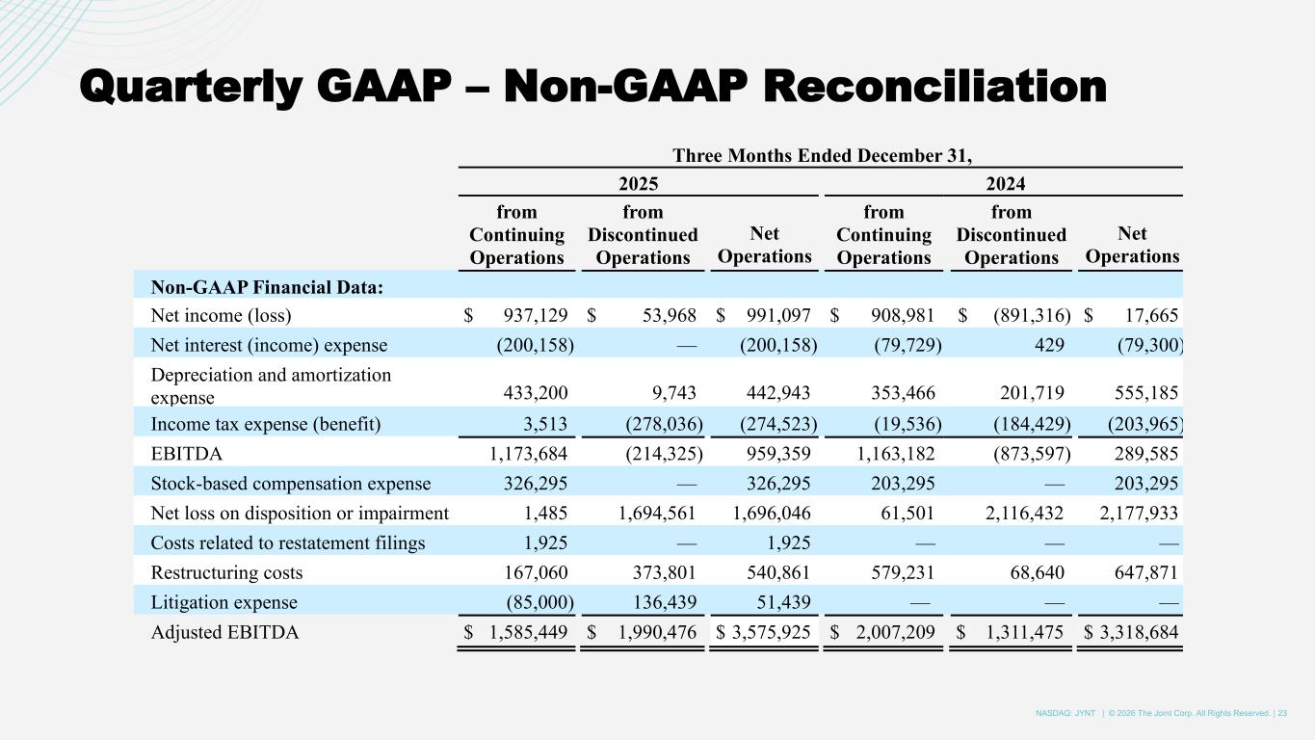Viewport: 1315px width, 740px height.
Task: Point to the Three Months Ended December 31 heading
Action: pyautogui.click(x=821, y=156)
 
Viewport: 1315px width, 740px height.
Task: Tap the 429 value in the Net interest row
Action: pyautogui.click(x=1046, y=345)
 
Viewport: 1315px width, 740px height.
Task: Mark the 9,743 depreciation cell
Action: pyautogui.click(x=673, y=393)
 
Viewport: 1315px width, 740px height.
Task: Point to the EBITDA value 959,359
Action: pyautogui.click(x=777, y=454)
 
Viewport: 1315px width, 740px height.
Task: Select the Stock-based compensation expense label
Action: pyautogui.click(x=290, y=484)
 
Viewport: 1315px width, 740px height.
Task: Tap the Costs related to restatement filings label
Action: pyautogui.click(x=287, y=543)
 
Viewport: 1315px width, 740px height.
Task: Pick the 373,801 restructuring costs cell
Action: pyautogui.click(x=661, y=573)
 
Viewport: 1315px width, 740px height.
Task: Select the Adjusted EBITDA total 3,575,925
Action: pyautogui.click(x=769, y=633)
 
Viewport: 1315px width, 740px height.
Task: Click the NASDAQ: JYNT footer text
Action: pyautogui.click(x=1065, y=713)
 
